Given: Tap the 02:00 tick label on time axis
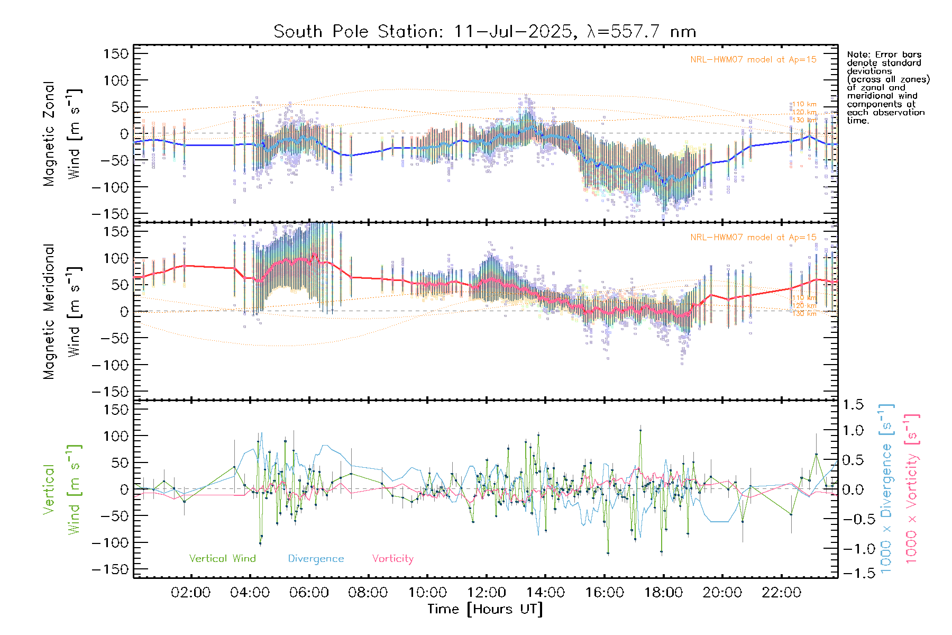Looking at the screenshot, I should click(190, 593).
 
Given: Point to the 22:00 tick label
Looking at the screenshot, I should click(781, 593).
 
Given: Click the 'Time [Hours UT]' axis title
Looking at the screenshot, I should click(485, 609).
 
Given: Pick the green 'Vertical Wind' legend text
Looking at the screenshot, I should click(222, 559).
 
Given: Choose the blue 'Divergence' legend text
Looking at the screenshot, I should click(316, 559).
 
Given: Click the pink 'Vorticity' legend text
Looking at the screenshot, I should click(392, 559).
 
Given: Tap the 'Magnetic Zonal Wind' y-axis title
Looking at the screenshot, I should click(61, 133).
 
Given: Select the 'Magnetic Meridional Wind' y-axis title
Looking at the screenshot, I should click(61, 311).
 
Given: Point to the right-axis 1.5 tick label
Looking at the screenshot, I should click(853, 405).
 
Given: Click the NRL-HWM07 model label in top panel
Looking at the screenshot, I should click(753, 60).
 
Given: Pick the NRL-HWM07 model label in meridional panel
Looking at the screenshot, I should click(753, 238).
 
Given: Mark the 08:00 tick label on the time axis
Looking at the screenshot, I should click(368, 593).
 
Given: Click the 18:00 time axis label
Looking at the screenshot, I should click(663, 593).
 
